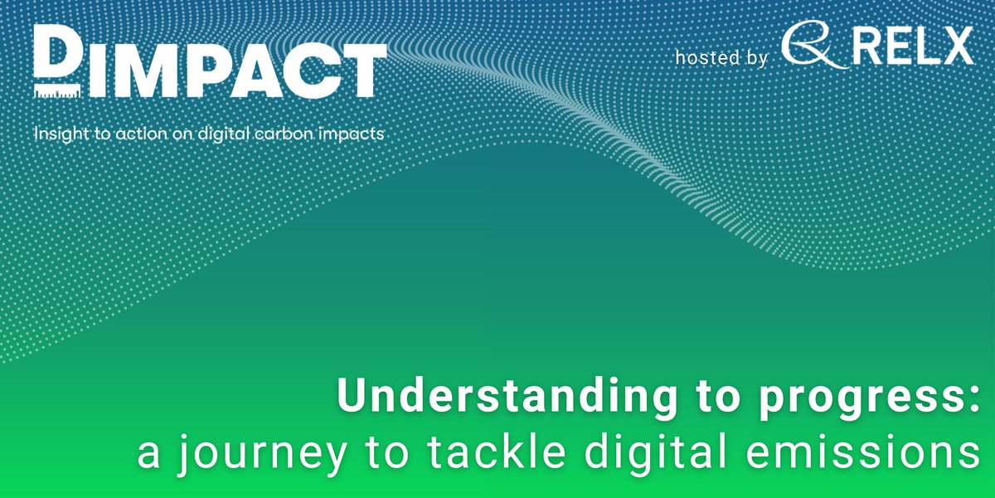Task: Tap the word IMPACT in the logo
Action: click(x=232, y=70)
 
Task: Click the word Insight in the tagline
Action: click(x=58, y=133)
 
